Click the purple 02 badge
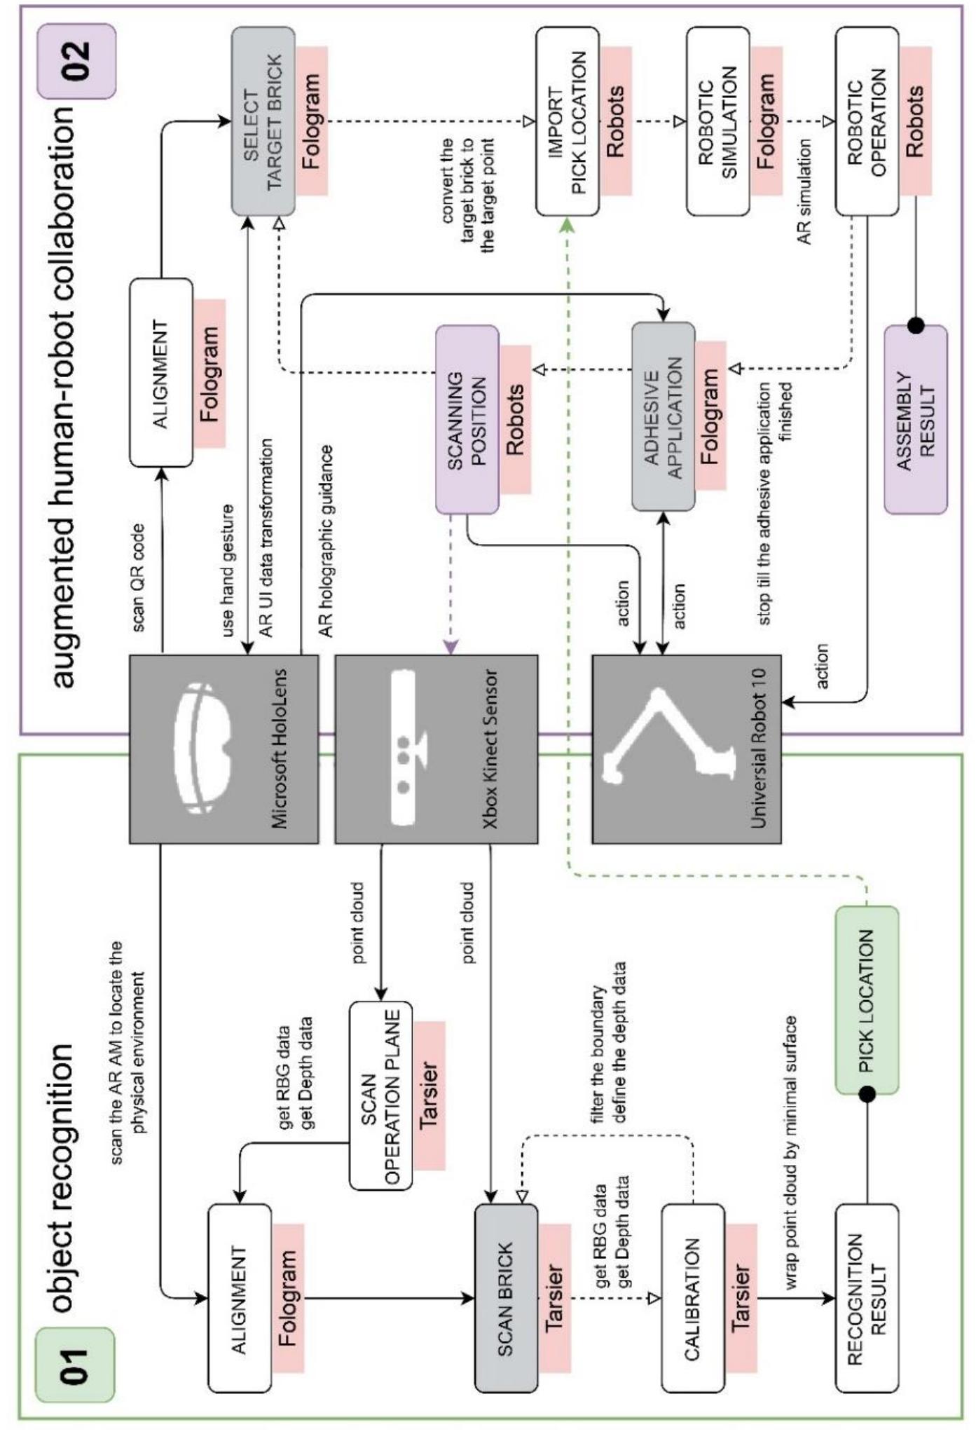point(76,61)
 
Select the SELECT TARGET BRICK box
point(263,121)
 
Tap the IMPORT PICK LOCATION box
point(568,121)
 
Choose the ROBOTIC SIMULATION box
point(717,121)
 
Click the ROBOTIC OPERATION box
point(867,121)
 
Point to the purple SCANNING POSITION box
point(467,419)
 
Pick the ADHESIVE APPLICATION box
point(663,417)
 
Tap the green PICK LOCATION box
point(867,1000)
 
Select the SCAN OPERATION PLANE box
point(380,1095)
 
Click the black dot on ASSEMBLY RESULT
point(915,325)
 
